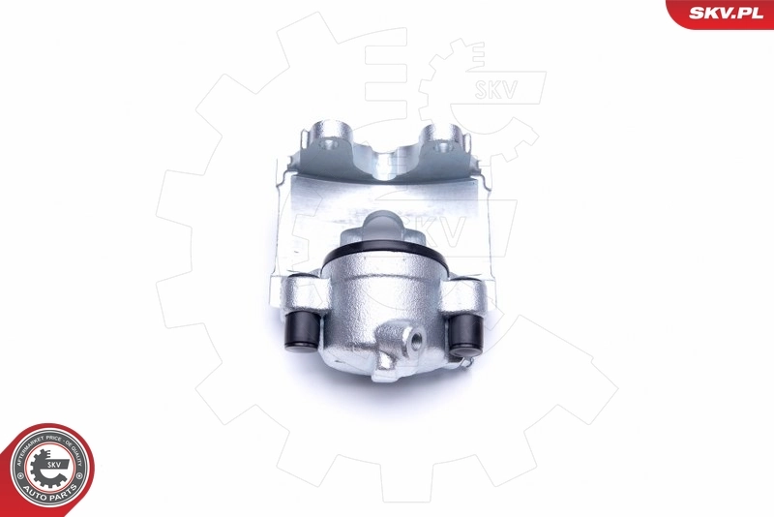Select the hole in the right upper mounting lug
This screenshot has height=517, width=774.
point(446,147)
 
